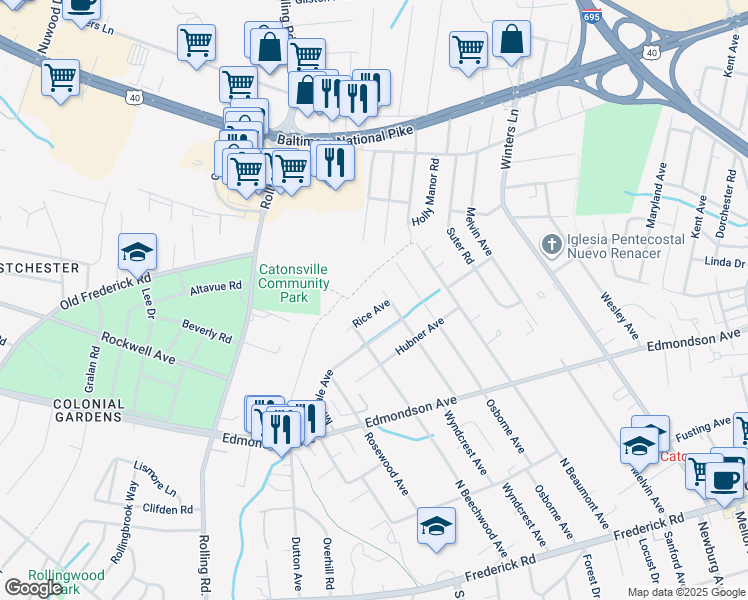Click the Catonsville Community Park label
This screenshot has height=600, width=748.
(293, 283)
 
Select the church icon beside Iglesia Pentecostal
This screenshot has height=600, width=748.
(550, 244)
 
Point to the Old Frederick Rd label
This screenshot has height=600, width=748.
(104, 290)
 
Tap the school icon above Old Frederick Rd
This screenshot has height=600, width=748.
(138, 254)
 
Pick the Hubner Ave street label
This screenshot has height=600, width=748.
(419, 338)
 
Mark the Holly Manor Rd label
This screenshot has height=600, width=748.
(425, 191)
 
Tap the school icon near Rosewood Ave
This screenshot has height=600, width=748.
(437, 526)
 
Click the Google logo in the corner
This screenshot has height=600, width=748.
(34, 588)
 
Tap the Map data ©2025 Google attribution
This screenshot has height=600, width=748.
(685, 592)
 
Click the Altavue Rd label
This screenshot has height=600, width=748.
(216, 287)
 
